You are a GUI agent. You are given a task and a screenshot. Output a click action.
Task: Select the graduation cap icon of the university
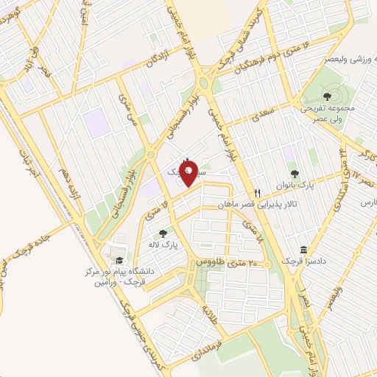coord(118,260)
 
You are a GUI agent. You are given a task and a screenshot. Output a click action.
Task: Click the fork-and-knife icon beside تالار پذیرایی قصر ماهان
coord(257,188)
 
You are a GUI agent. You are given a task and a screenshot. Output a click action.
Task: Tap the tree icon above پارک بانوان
coord(295,174)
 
